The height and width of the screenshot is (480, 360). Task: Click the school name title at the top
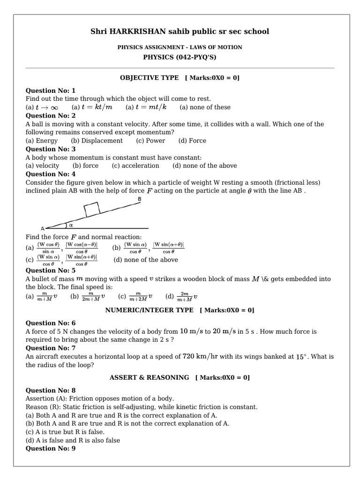(x=180, y=31)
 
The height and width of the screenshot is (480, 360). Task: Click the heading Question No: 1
(x=50, y=90)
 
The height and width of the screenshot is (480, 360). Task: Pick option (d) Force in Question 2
(x=192, y=141)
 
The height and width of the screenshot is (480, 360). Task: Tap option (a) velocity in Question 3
(x=42, y=165)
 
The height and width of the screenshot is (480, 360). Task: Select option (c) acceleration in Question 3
(x=135, y=165)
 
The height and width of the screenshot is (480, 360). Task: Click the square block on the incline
(x=91, y=210)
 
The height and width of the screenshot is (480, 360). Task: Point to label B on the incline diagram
(x=139, y=199)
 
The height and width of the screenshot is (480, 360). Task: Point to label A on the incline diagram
(x=43, y=228)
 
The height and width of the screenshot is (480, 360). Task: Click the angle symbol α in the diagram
(x=71, y=225)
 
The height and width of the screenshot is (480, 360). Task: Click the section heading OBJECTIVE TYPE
(x=150, y=78)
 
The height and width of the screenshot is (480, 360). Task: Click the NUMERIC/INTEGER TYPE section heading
(x=149, y=310)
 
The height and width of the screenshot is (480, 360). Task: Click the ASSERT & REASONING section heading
(x=149, y=377)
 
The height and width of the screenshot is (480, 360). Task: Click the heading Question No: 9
(x=50, y=449)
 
